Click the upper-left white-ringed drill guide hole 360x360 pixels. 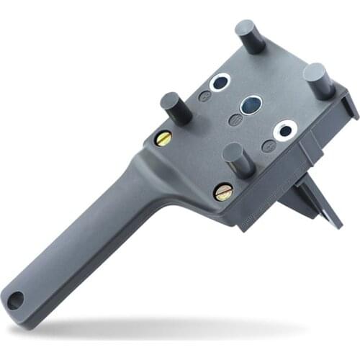pyautogui.click(x=220, y=82)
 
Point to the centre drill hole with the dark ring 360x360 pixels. pyautogui.click(x=251, y=106)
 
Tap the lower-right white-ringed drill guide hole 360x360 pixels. pyautogui.click(x=286, y=130)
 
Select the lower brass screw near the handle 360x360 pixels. pyautogui.click(x=223, y=192)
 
